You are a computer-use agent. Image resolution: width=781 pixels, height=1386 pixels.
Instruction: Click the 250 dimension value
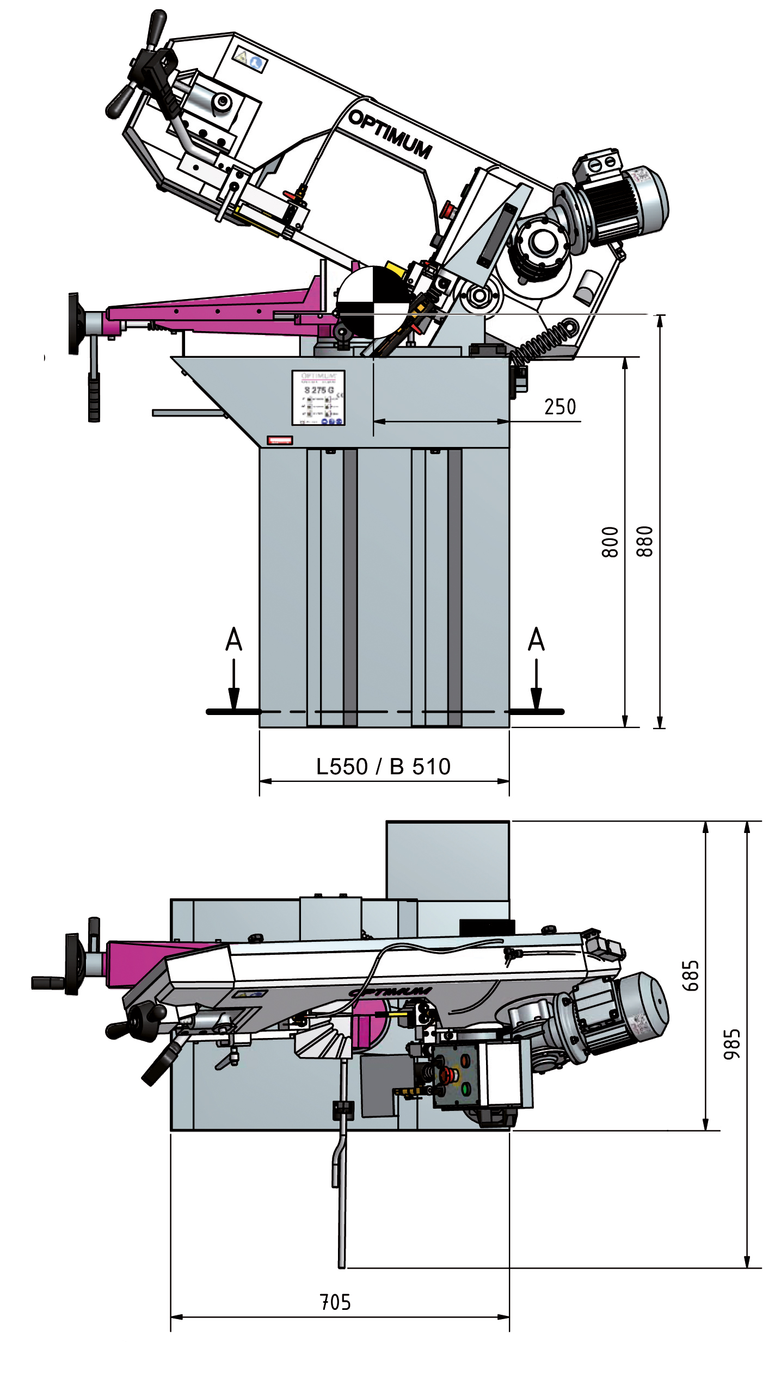point(559,407)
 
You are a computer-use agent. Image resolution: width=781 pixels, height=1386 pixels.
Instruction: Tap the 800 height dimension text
point(610,542)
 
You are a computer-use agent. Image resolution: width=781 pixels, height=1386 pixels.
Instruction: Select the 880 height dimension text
point(644,542)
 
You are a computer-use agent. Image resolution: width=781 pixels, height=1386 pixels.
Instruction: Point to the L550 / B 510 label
point(383,767)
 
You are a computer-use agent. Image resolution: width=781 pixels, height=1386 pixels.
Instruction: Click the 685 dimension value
point(690,975)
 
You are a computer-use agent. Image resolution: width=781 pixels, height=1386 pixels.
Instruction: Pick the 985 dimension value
point(732,1044)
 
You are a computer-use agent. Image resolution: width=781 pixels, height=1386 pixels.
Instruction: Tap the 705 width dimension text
point(335,1302)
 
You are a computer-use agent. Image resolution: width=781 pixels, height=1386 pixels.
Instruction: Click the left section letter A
point(233,639)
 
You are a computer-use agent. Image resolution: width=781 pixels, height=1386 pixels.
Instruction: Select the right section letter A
point(536,639)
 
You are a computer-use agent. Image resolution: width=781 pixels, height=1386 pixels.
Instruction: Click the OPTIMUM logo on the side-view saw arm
point(390,134)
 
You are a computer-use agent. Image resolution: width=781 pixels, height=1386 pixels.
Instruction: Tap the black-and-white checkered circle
point(372,302)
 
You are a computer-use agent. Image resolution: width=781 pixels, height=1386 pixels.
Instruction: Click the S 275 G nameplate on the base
point(318,397)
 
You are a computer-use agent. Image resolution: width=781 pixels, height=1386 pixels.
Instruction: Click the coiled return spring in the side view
point(542,341)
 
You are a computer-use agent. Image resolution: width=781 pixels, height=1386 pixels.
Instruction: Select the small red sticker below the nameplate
point(280,440)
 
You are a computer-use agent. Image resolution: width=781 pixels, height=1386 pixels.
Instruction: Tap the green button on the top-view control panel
point(466,1089)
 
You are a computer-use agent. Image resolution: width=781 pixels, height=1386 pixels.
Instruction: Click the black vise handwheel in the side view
point(74,324)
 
